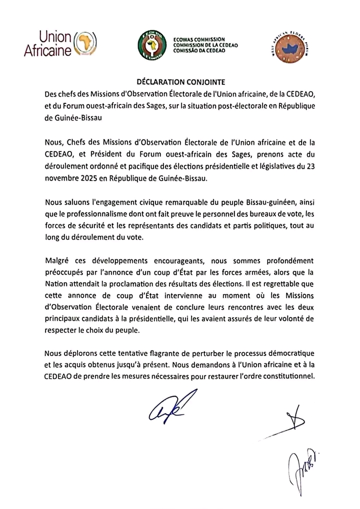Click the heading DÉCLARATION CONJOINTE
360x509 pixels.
pos(180,81)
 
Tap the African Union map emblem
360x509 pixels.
pos(85,43)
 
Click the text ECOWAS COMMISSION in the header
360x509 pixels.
pos(199,39)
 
